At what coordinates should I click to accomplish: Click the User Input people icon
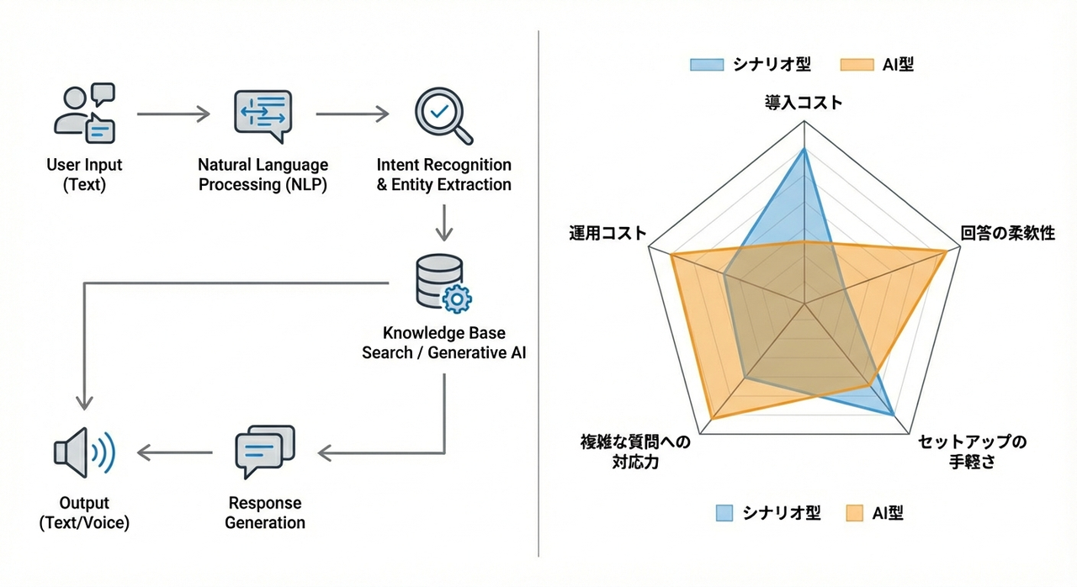point(84,113)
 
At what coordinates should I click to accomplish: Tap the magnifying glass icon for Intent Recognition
point(443,115)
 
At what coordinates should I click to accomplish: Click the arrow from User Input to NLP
point(172,113)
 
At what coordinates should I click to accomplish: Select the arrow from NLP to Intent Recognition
point(352,113)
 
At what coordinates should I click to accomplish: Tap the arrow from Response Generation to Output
point(173,453)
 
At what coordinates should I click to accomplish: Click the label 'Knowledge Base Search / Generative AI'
point(443,343)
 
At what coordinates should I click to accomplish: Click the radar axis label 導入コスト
point(804,103)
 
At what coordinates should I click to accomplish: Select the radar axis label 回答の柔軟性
point(1007,234)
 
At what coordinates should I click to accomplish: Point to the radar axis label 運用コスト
point(608,234)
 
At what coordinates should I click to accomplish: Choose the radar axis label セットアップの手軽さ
point(972,452)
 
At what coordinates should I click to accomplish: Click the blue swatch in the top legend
point(707,65)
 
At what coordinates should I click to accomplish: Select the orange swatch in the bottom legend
point(854,513)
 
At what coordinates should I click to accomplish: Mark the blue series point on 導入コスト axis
point(804,149)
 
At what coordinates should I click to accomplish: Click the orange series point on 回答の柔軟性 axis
point(945,251)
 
